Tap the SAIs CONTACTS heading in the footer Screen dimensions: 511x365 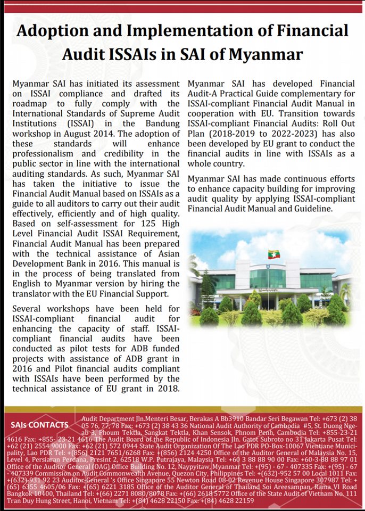pos(39,425)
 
